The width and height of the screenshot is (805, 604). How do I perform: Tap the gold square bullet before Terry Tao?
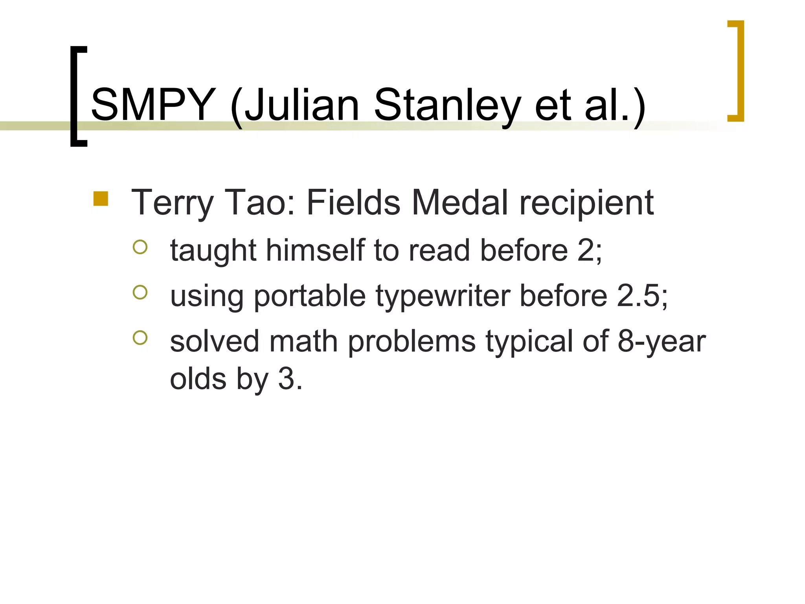pyautogui.click(x=101, y=199)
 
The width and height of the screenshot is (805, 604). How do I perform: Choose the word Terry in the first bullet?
pyautogui.click(x=173, y=203)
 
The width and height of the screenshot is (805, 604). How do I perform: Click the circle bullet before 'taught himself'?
pyautogui.click(x=140, y=247)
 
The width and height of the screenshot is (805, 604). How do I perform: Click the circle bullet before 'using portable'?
pyautogui.click(x=140, y=292)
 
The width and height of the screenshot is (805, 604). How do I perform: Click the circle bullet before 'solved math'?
pyautogui.click(x=140, y=337)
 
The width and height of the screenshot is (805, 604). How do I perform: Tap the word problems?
pyautogui.click(x=412, y=341)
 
